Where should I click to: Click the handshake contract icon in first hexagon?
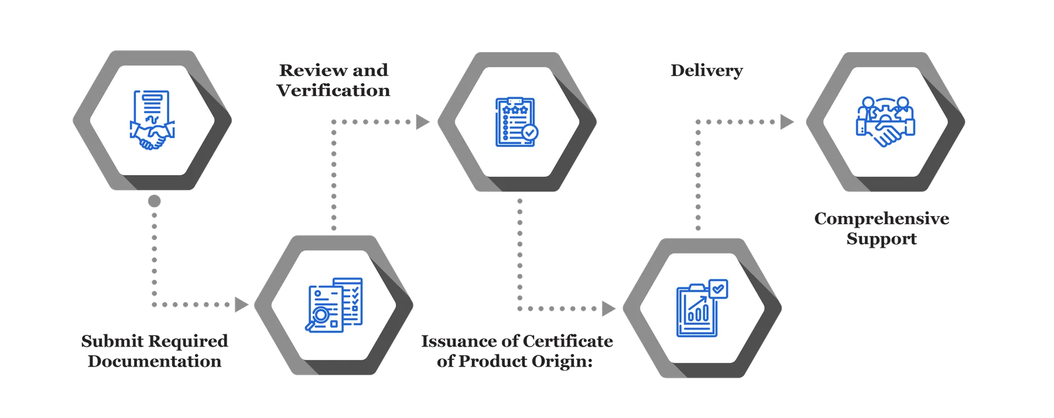[152, 120]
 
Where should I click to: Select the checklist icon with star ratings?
[516, 122]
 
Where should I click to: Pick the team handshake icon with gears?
[885, 122]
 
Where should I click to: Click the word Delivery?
[706, 71]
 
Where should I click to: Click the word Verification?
[333, 91]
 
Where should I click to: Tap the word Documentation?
[155, 361]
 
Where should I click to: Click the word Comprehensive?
[882, 218]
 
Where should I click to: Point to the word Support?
[882, 239]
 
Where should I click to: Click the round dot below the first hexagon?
[154, 201]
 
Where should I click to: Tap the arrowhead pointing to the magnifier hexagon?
[241, 304]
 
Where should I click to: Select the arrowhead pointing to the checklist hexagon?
[422, 122]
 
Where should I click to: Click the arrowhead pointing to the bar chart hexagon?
[608, 309]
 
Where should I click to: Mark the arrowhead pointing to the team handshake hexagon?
[787, 122]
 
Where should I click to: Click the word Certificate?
[567, 341]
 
